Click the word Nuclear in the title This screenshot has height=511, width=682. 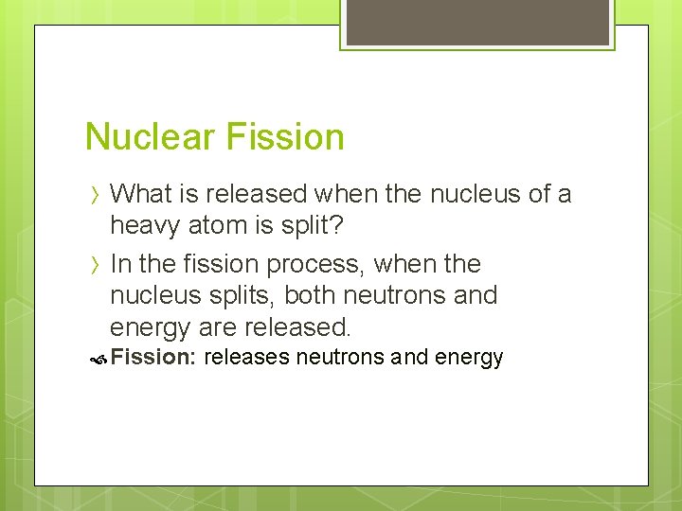coord(146,137)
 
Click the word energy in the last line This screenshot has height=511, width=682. coord(466,359)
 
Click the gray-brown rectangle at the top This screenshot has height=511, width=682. coord(477,22)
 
